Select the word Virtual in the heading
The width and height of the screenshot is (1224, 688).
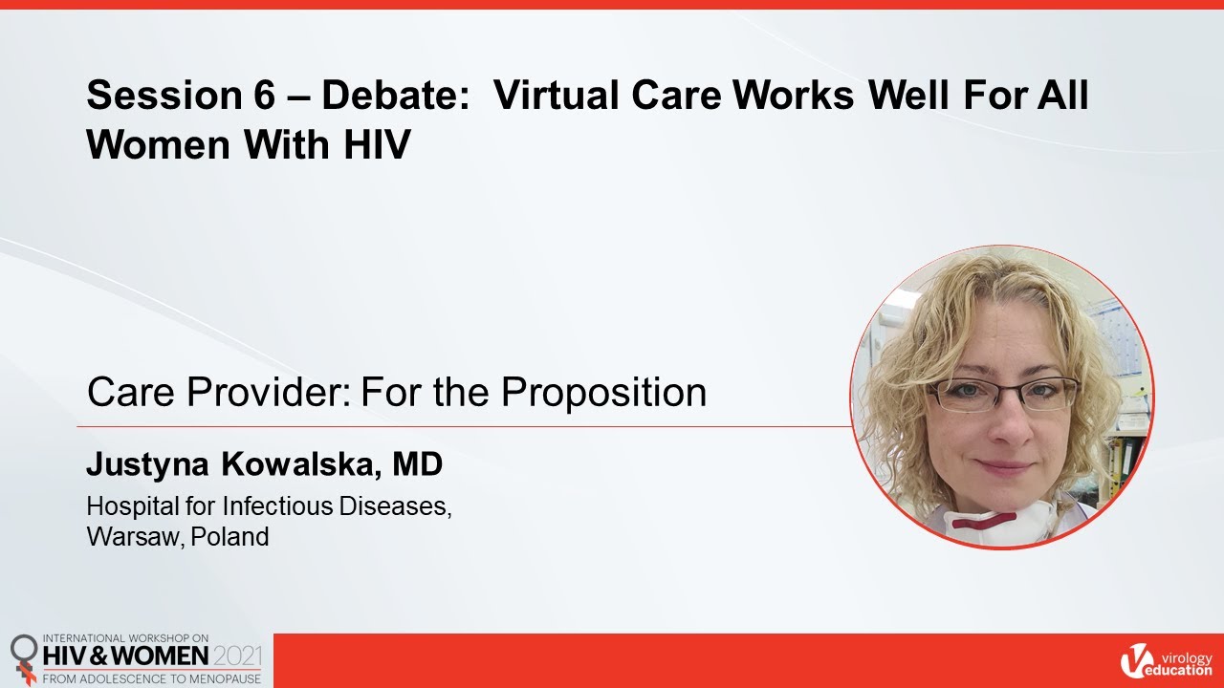click(x=552, y=97)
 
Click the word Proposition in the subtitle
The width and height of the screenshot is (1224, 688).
click(x=604, y=392)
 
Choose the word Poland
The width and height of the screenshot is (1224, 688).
click(x=229, y=537)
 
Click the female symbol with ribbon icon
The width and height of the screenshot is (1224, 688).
click(x=24, y=656)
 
